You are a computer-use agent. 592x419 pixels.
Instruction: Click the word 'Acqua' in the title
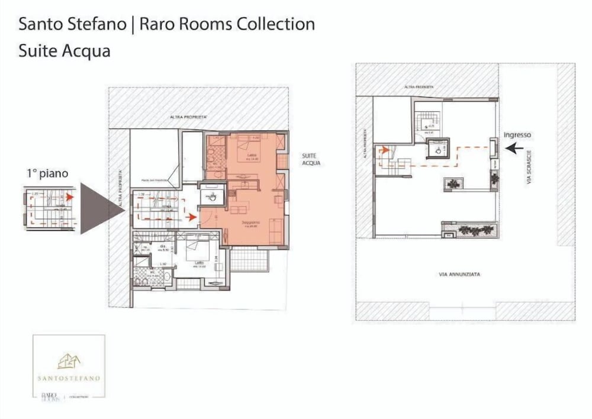tap(91, 51)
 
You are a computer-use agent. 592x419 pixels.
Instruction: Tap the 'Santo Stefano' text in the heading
tap(72, 24)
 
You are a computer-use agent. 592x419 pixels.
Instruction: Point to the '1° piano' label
tap(47, 173)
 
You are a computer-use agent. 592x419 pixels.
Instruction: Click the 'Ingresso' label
tap(517, 135)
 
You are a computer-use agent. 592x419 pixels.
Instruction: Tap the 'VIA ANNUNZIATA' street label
tap(459, 275)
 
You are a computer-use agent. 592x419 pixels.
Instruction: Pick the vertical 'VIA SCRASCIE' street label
tap(530, 169)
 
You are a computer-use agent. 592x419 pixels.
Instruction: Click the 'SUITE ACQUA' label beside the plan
tap(311, 158)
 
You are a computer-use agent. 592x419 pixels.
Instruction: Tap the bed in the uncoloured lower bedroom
tap(195, 253)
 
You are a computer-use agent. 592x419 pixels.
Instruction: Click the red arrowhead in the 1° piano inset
tap(69, 196)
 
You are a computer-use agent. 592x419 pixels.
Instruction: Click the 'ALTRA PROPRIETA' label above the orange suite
tap(188, 117)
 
